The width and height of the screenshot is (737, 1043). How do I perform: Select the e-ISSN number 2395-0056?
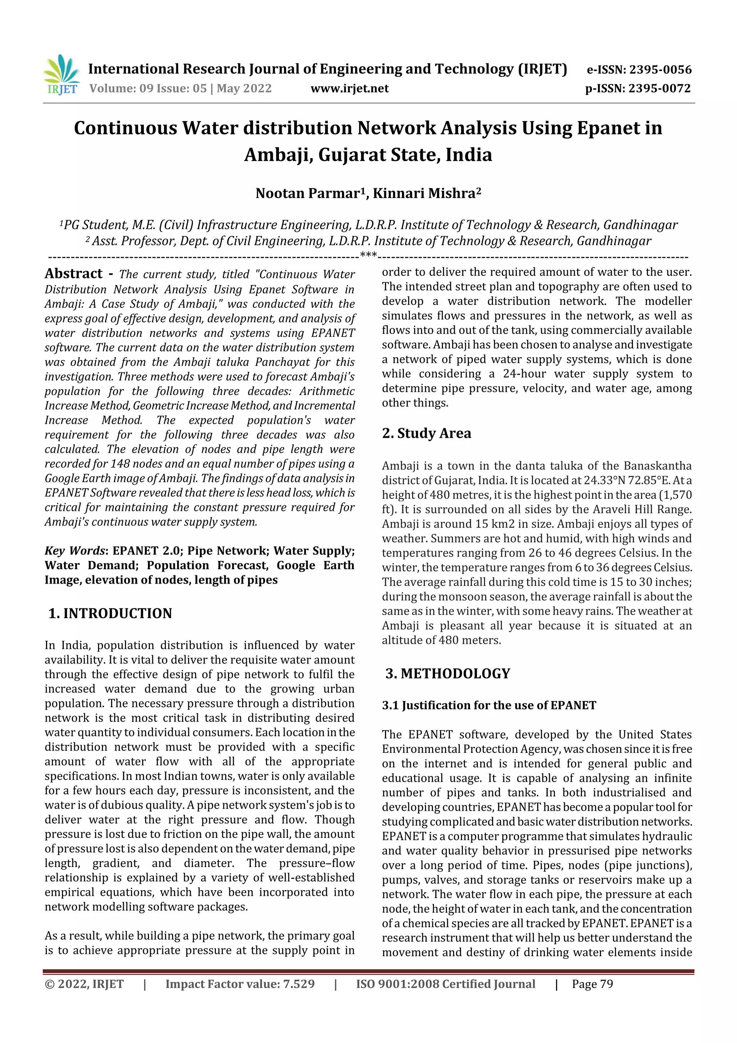click(660, 70)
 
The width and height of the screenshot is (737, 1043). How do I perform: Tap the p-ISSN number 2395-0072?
click(659, 89)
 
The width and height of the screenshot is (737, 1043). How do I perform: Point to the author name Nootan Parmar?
click(307, 194)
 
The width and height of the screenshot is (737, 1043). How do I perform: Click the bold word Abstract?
click(73, 274)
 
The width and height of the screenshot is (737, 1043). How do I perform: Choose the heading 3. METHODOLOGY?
click(448, 673)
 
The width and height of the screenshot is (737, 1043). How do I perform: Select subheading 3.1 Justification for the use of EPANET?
click(489, 706)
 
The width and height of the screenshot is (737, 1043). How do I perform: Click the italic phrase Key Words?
click(74, 551)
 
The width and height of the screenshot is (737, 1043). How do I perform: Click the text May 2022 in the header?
click(244, 89)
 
